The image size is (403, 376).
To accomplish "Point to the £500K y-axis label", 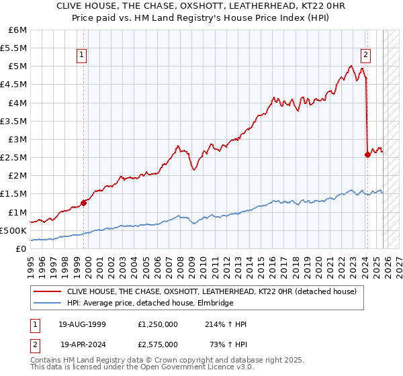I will coord(13,230).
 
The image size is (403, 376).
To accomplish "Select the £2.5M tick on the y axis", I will coord(13,157).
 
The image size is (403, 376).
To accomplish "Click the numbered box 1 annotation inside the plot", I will coord(81,56).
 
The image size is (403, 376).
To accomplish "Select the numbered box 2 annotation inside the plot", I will coord(366,56).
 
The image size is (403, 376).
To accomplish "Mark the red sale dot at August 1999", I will coord(84,203).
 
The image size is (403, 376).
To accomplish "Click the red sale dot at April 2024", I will coord(367,154).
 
